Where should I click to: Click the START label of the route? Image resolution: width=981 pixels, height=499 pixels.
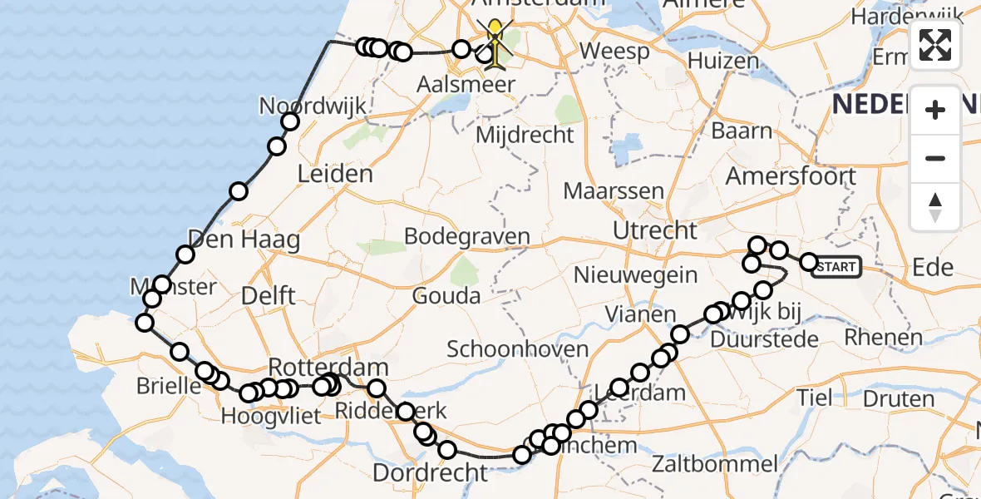point(836,267)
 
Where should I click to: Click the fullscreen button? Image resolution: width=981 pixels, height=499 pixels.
point(935,45)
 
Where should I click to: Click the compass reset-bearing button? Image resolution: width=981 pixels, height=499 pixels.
point(935,206)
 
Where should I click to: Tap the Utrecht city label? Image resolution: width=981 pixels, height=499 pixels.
point(654,230)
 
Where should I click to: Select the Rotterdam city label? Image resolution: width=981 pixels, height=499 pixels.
point(328,367)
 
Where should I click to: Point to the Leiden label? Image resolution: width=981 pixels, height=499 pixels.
point(334,175)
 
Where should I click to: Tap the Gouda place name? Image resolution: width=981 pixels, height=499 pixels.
point(448,295)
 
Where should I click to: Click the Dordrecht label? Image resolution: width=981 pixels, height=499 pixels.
point(430,472)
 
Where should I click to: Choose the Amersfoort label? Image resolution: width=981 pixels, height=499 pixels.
point(791,176)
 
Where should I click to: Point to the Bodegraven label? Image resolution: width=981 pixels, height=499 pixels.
point(466,236)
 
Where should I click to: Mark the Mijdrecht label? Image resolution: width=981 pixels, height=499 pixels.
point(526,135)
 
